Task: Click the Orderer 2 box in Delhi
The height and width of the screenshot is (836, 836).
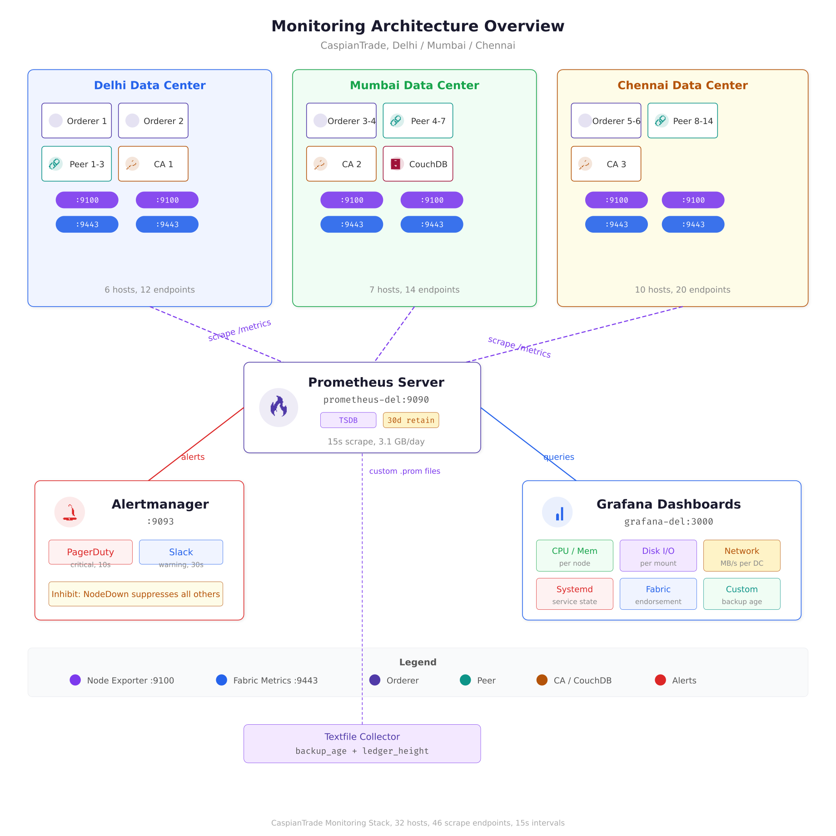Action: pos(153,121)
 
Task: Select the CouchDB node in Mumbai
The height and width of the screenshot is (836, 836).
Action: pos(418,164)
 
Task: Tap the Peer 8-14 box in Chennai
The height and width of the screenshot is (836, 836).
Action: pos(682,121)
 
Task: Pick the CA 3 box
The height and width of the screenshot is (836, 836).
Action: pos(606,164)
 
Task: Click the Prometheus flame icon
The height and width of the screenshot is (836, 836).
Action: pos(279,407)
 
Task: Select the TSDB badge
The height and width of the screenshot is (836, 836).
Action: pos(348,420)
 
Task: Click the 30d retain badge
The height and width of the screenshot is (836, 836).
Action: pos(411,420)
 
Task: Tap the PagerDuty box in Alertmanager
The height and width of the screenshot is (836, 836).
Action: pos(90,552)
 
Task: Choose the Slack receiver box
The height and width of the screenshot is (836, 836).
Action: pos(181,552)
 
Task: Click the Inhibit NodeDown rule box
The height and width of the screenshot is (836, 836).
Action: pos(135,594)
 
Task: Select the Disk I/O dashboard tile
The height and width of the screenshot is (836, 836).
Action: pos(658,556)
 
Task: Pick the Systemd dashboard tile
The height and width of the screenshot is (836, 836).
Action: pos(574,594)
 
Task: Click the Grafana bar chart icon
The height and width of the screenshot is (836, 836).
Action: pos(557,512)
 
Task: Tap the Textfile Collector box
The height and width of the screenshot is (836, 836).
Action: pos(362,743)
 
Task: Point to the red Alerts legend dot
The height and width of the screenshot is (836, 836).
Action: pos(660,680)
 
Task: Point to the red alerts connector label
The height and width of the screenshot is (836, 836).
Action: pos(193,457)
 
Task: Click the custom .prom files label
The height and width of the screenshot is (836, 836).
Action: pos(404,471)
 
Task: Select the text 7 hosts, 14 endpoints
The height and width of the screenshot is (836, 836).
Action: pos(414,290)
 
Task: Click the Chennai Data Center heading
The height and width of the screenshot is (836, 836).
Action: pos(682,85)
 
